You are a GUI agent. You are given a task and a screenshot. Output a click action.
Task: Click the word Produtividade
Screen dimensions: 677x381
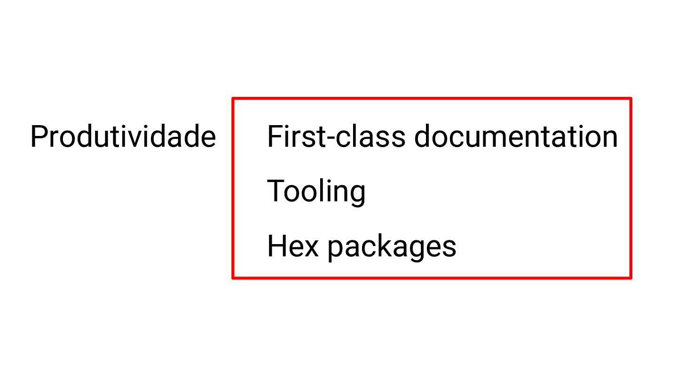click(123, 137)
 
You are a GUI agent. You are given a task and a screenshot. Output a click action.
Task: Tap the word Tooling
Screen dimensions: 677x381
click(316, 191)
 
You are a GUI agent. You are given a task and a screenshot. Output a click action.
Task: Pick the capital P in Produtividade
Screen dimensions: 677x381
click(39, 137)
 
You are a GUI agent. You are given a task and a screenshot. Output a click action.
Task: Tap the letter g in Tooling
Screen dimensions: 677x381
click(357, 195)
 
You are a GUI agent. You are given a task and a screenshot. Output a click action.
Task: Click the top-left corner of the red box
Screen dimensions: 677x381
click(234, 99)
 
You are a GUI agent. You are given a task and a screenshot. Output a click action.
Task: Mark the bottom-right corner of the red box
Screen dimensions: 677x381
click(630, 277)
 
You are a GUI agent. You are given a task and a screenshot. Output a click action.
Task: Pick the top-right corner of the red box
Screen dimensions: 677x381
click(630, 99)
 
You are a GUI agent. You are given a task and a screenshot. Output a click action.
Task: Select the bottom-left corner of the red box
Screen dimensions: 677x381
click(234, 277)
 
